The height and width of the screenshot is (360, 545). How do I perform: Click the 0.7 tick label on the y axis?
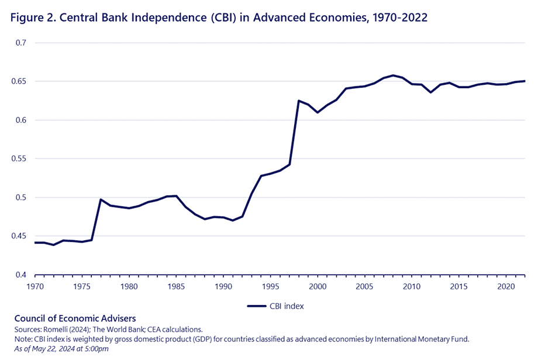[21, 43]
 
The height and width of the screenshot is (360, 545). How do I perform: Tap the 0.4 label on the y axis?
[21, 275]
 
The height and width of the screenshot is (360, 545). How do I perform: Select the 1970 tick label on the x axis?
[35, 286]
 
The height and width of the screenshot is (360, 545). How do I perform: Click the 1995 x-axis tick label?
[270, 286]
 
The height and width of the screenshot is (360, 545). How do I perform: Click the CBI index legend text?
[287, 305]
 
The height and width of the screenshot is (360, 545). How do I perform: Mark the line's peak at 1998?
[299, 101]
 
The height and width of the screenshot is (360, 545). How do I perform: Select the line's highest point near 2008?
[393, 75]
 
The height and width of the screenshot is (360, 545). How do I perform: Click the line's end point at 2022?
[525, 81]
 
